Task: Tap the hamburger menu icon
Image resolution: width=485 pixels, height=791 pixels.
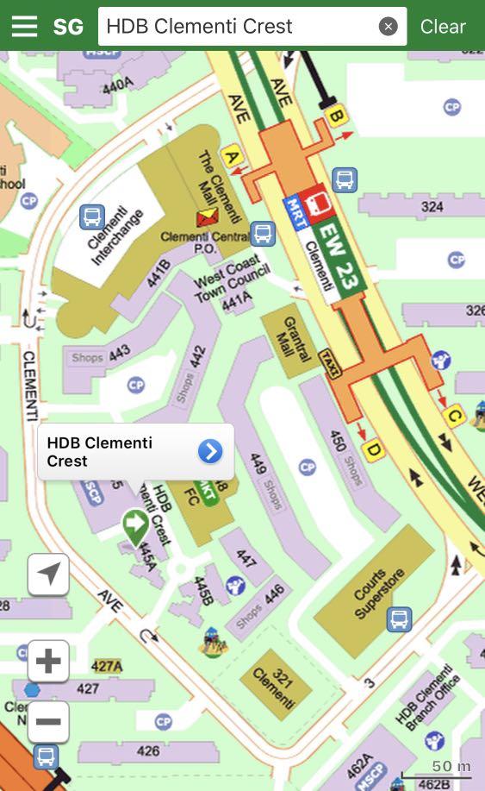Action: (24, 26)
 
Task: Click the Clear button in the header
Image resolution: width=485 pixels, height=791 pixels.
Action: (443, 26)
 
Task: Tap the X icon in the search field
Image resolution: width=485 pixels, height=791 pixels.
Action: (389, 27)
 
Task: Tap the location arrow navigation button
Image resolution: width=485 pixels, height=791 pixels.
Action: (48, 574)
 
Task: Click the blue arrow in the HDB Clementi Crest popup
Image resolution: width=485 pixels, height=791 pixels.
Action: (210, 451)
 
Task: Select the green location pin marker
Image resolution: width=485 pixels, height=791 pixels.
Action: (134, 524)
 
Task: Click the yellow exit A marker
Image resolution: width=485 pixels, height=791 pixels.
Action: (230, 157)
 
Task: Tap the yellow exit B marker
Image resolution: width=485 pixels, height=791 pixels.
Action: (336, 114)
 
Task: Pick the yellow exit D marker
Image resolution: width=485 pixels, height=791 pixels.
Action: (373, 449)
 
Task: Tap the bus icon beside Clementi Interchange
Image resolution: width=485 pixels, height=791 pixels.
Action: (91, 217)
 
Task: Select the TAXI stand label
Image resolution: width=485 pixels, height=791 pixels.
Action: (330, 364)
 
